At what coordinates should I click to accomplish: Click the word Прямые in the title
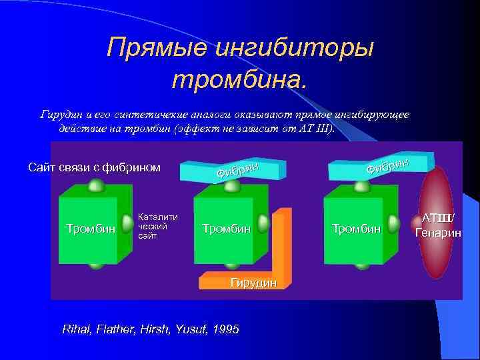[156, 49]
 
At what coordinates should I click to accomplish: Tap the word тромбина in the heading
[239, 79]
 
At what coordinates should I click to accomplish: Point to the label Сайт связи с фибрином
[94, 167]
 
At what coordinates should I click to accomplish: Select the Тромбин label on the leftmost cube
[91, 229]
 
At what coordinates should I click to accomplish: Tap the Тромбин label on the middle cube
[226, 229]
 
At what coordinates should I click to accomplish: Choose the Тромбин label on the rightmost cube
[356, 229]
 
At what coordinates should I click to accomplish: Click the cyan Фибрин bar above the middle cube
[237, 171]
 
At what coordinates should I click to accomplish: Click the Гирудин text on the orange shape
[253, 283]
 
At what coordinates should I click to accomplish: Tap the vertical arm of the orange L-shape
[283, 240]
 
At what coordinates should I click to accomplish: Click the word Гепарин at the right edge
[437, 233]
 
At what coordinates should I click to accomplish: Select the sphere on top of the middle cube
[231, 187]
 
